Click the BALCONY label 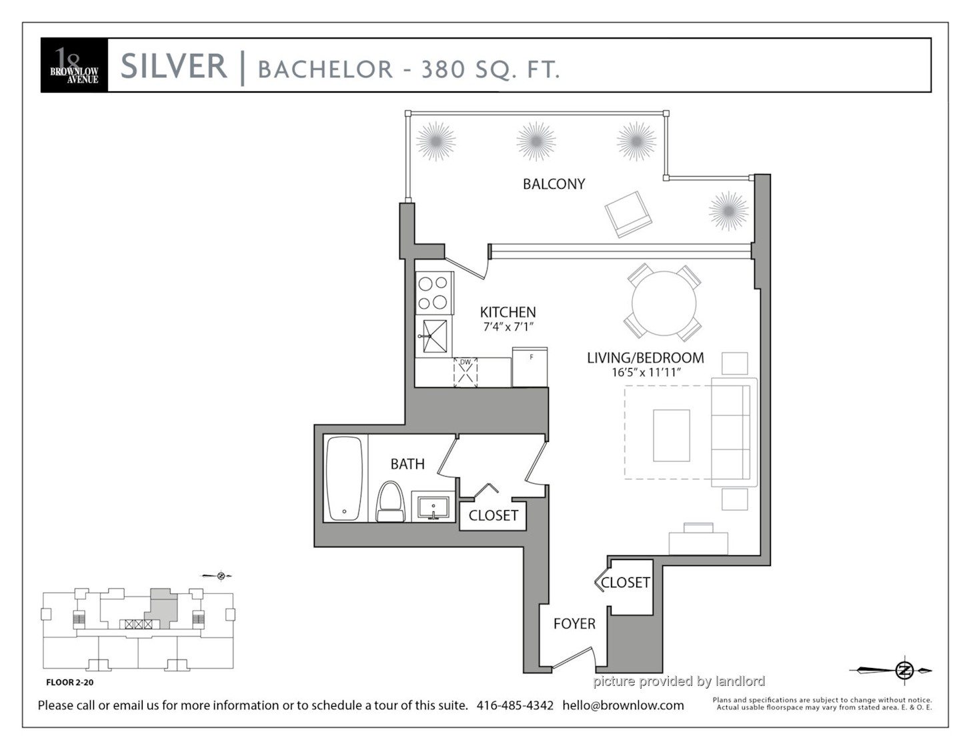click(554, 183)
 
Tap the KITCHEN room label click(508, 312)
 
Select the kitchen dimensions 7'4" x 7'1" click(509, 327)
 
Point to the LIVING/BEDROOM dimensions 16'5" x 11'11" click(646, 372)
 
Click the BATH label click(407, 464)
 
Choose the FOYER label click(574, 623)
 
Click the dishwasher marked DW click(465, 372)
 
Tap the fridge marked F click(530, 367)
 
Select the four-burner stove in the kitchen click(434, 293)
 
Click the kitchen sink click(433, 336)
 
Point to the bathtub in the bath click(344, 479)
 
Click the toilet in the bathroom click(391, 501)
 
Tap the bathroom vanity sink click(433, 507)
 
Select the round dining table click(664, 303)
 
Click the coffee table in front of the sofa click(671, 435)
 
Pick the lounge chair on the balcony click(628, 215)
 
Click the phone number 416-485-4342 click(515, 705)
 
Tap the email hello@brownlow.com click(623, 705)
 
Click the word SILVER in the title click(174, 65)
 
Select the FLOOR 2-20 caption click(70, 682)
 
